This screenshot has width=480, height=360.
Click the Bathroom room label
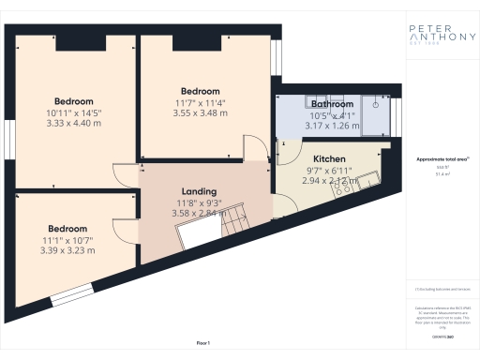(x=333, y=104)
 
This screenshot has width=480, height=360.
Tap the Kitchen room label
(x=329, y=159)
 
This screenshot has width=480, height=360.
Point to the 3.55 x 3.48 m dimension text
(x=201, y=113)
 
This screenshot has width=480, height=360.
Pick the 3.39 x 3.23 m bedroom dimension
(x=67, y=249)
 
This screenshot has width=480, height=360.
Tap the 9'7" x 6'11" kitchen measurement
(x=329, y=171)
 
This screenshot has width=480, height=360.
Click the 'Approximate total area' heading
(x=442, y=159)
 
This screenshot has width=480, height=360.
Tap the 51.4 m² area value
(x=442, y=174)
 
